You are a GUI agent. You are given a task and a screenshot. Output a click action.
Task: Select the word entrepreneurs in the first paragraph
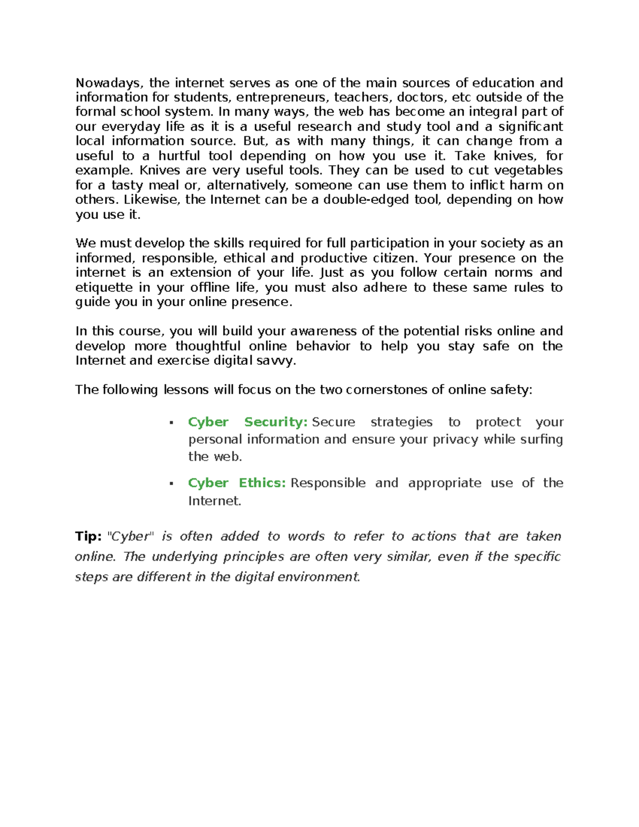(x=283, y=97)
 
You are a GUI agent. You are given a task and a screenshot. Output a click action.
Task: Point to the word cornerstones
(x=387, y=390)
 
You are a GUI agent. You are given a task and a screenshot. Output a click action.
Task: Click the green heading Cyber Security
(x=248, y=422)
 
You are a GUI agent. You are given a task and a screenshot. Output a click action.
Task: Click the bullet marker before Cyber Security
(x=171, y=423)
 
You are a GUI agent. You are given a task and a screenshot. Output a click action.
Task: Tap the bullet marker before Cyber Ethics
(x=171, y=484)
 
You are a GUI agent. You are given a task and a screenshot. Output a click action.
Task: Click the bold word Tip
(x=88, y=536)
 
